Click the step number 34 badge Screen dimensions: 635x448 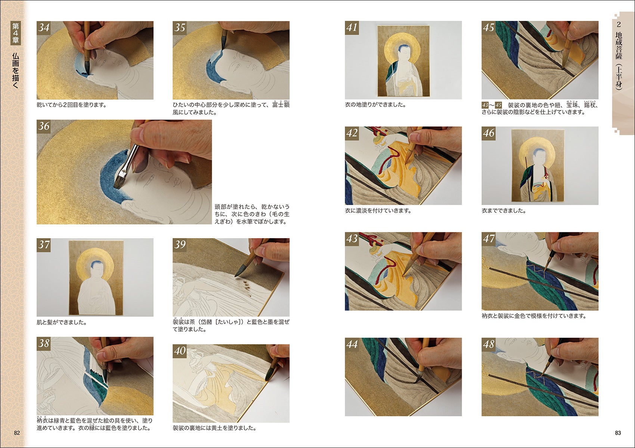[44, 28]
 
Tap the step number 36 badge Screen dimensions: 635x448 [44, 127]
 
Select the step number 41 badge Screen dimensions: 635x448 [352, 28]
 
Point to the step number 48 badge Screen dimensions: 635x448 [489, 345]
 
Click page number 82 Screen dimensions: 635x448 [17, 433]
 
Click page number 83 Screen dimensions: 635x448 [618, 433]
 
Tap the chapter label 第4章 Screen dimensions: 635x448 [16, 33]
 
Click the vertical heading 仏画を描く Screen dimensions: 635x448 [16, 70]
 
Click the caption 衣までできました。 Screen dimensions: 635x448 [504, 211]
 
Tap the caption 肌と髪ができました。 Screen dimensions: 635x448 [62, 322]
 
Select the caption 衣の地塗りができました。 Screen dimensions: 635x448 [376, 105]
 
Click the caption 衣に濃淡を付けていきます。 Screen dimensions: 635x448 [378, 211]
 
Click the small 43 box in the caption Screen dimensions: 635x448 [485, 105]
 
